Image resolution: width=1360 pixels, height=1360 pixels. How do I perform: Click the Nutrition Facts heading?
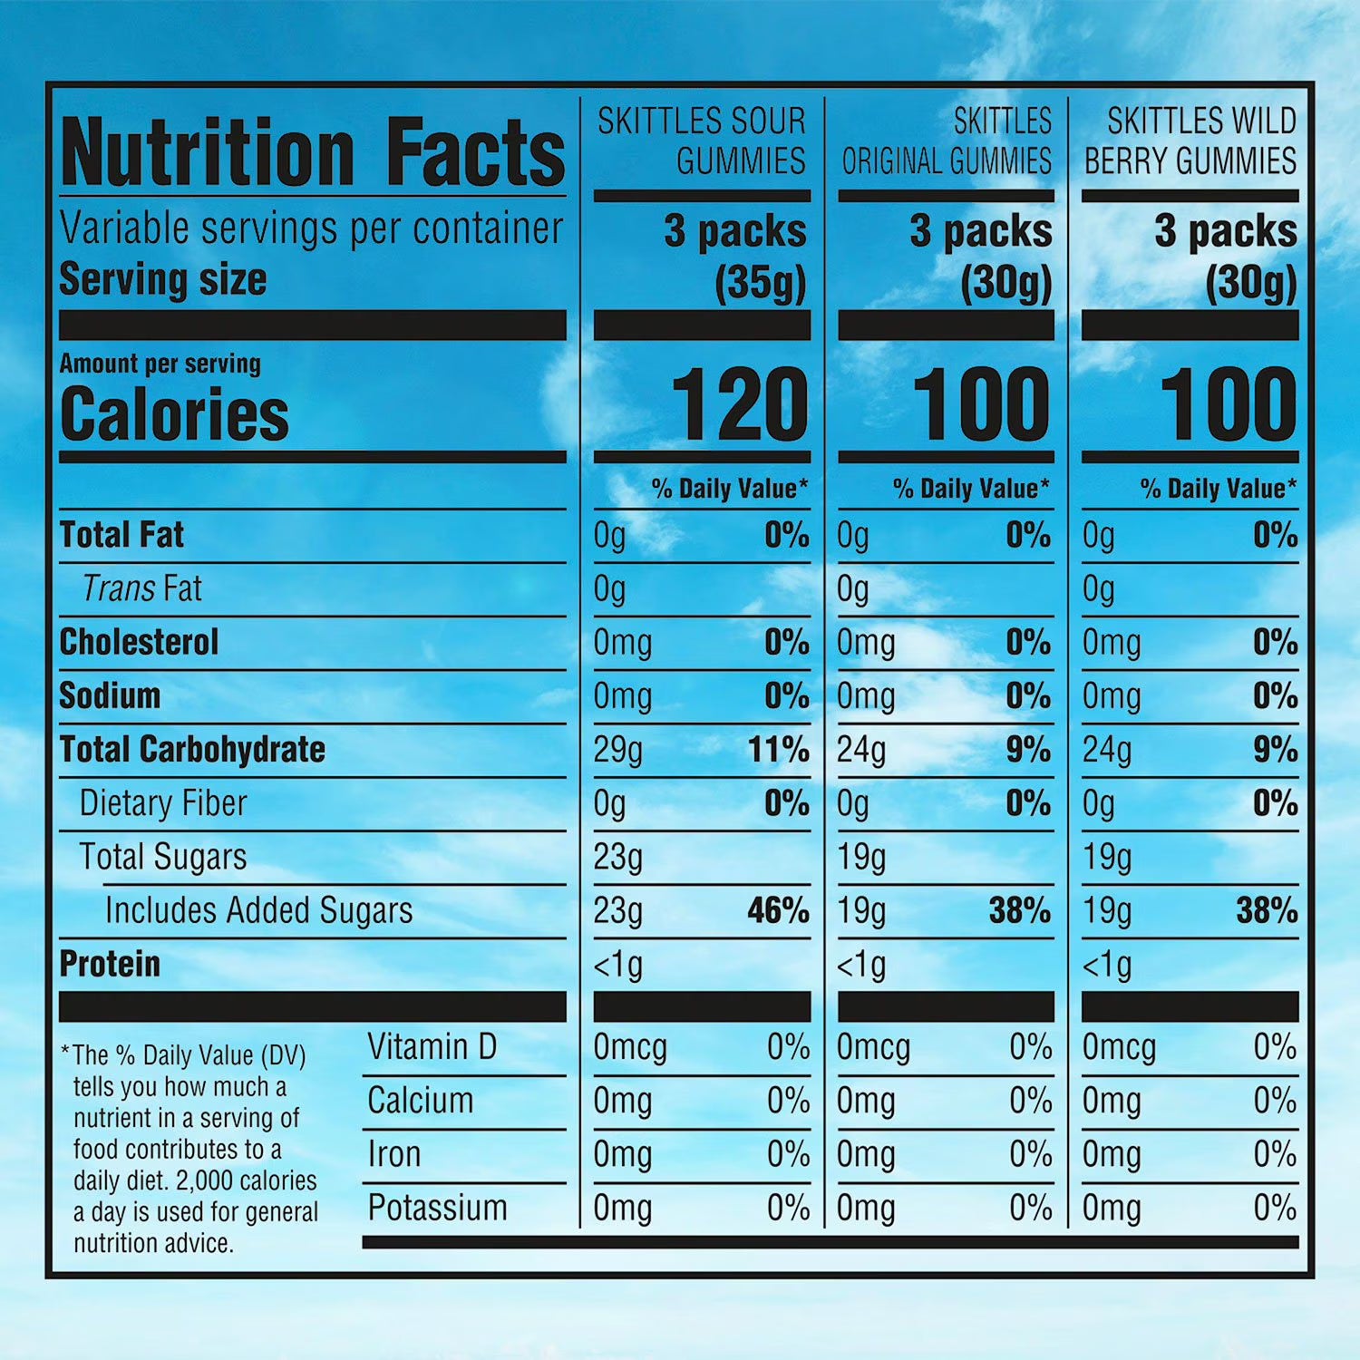313,152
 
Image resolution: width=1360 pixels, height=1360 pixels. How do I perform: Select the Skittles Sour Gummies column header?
701,141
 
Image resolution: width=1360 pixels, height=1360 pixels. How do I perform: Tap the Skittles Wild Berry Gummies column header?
1190,141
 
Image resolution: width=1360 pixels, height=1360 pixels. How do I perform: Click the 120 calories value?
739,404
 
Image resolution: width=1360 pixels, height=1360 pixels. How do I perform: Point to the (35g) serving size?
760,283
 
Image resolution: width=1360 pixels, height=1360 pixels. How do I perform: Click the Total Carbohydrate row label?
192,750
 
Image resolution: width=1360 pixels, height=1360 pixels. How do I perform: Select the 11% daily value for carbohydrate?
778,750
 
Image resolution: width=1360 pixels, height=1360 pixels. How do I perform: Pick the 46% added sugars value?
778,910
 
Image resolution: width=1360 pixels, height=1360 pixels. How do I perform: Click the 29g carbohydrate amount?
618,750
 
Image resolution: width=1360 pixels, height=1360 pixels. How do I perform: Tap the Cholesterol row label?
139,642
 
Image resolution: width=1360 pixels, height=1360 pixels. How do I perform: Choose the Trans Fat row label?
141,588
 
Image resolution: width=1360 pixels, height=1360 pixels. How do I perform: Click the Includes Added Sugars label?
258,910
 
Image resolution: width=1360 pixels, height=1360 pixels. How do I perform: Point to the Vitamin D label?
432,1047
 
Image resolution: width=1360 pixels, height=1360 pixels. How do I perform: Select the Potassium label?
437,1208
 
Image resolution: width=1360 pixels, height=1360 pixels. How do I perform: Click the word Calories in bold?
174,414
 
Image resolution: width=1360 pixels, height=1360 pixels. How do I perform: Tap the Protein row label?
110,964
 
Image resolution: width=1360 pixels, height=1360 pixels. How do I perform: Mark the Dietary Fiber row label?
163,803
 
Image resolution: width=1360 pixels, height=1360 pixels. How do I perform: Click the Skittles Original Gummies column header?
947,141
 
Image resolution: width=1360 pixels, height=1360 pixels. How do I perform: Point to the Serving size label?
163,279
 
